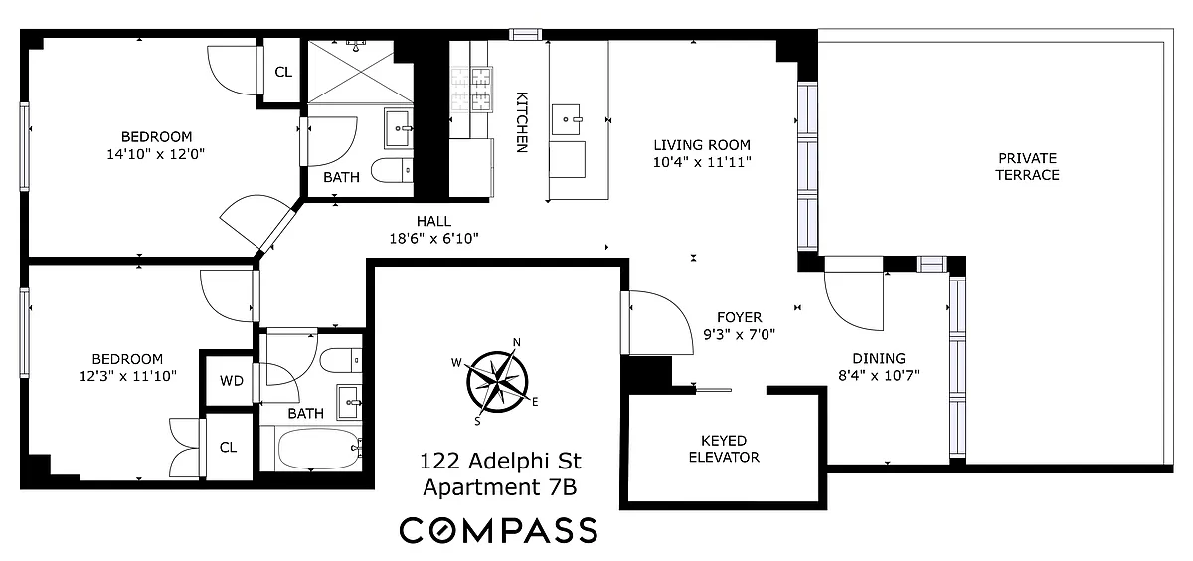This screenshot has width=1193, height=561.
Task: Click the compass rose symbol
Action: [497, 381]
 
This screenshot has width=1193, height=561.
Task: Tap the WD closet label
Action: [231, 380]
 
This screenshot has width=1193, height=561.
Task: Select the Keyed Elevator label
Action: [724, 449]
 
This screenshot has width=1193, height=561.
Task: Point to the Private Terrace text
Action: [1027, 167]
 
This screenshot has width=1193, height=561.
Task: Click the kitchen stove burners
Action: [472, 89]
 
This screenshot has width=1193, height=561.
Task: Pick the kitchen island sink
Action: [566, 119]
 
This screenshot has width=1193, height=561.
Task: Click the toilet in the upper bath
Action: [392, 170]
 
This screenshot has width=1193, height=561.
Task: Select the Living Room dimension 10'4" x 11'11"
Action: [702, 162]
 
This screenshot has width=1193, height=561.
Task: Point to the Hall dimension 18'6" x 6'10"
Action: [434, 238]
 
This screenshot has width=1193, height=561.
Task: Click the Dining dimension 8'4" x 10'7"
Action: [879, 376]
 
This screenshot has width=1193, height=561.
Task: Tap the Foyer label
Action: [740, 317]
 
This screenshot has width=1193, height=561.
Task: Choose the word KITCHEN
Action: [522, 122]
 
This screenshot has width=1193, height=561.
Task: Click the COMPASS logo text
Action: [498, 530]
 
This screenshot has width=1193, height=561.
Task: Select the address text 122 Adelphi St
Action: [500, 461]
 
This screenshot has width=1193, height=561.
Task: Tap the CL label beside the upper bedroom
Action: [283, 72]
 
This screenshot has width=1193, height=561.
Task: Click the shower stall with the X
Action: [361, 72]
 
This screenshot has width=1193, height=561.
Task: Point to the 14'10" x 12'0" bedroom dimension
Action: [156, 154]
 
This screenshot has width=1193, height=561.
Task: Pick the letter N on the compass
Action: [516, 342]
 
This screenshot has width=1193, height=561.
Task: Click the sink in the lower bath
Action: [349, 402]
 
